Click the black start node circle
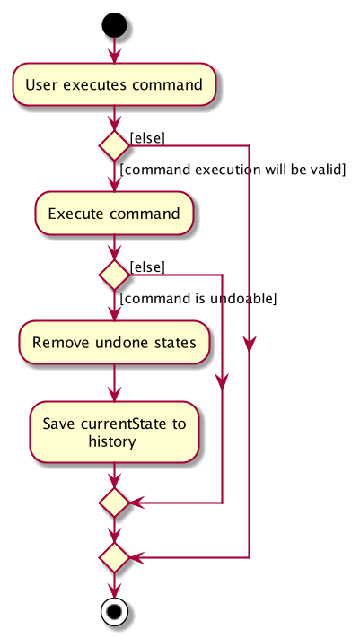pyautogui.click(x=114, y=25)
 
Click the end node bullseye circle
pyautogui.click(x=114, y=612)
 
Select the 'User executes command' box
pyautogui.click(x=114, y=84)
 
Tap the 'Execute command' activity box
pyautogui.click(x=114, y=214)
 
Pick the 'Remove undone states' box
pyautogui.click(x=114, y=342)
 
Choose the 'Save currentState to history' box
pyautogui.click(x=114, y=433)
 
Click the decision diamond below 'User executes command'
pyautogui.click(x=114, y=145)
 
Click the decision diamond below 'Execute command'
pyautogui.click(x=114, y=275)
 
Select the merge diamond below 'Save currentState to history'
pyautogui.click(x=114, y=503)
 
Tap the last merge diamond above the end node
pyautogui.click(x=114, y=557)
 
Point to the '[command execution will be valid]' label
pyautogui.click(x=233, y=170)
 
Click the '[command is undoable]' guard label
pyautogui.click(x=198, y=299)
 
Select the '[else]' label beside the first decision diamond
pyautogui.click(x=147, y=139)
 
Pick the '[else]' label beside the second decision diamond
pyautogui.click(x=147, y=267)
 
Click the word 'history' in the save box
pyautogui.click(x=112, y=441)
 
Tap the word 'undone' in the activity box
pyautogui.click(x=117, y=343)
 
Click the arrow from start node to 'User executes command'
pyautogui.click(x=114, y=50)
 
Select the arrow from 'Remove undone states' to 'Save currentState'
pyautogui.click(x=114, y=382)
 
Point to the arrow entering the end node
pyautogui.click(x=114, y=586)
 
